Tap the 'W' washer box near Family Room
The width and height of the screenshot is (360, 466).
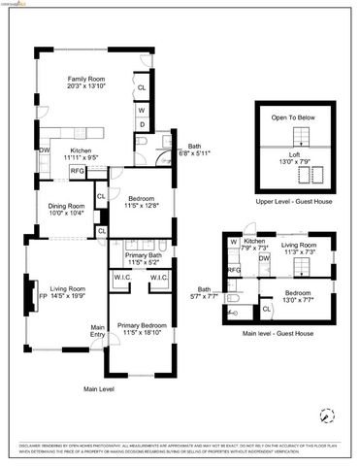click(142, 110)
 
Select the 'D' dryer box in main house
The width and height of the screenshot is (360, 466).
click(142, 124)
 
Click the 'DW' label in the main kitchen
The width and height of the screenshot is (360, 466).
click(45, 150)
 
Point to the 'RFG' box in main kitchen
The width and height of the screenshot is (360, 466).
click(77, 171)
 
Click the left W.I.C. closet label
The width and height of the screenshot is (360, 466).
click(124, 278)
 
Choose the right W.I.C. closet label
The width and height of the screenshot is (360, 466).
click(158, 278)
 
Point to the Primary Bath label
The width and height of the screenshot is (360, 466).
click(143, 255)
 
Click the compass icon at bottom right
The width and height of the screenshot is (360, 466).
click(325, 414)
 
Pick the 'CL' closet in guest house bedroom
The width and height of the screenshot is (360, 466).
click(267, 309)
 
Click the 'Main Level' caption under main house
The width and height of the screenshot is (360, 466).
click(99, 389)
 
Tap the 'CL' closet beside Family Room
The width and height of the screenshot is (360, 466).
click(142, 87)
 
